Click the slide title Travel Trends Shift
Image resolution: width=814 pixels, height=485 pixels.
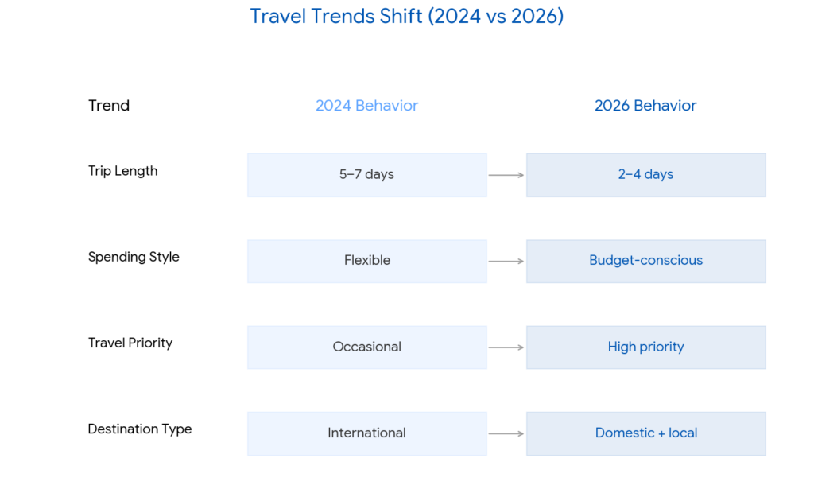click(406, 16)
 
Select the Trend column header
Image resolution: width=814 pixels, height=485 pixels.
click(109, 106)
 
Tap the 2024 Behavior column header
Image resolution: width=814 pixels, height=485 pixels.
click(366, 106)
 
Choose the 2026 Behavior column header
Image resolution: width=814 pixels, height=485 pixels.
click(645, 106)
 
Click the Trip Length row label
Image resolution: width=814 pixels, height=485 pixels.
click(122, 171)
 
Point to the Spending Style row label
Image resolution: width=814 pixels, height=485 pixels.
click(134, 257)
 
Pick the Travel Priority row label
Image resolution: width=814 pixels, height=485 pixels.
click(130, 343)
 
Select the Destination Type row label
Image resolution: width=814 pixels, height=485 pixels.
click(140, 429)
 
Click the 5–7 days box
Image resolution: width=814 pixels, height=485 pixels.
click(366, 175)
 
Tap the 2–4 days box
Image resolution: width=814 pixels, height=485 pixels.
click(645, 175)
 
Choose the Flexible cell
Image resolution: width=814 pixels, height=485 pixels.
click(366, 261)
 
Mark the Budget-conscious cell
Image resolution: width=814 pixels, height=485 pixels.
click(645, 261)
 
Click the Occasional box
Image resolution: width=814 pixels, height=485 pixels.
click(366, 347)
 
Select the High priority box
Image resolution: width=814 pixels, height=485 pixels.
click(645, 347)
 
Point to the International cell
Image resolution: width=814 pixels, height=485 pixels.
click(366, 433)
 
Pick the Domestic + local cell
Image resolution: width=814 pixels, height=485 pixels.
click(645, 433)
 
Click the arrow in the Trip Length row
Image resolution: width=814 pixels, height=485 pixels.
click(506, 175)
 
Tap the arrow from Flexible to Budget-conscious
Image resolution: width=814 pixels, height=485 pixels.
click(506, 261)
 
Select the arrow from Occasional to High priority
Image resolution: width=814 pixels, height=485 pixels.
click(506, 347)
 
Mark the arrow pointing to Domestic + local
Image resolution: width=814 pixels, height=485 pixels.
click(506, 433)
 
